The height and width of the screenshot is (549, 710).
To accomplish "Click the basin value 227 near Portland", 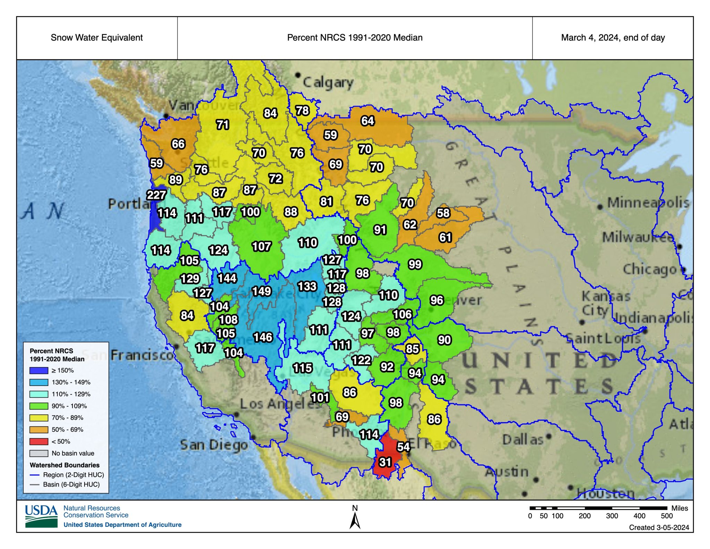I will tap(156, 195).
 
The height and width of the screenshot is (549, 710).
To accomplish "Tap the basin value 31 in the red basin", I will tap(385, 462).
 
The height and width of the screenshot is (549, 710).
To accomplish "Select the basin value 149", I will tap(261, 291).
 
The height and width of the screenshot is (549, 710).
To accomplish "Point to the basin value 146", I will tap(263, 337).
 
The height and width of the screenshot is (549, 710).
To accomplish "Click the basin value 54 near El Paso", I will tap(403, 447).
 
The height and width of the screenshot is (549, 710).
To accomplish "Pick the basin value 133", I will tap(307, 286).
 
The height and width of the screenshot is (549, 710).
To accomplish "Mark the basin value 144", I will tap(227, 278).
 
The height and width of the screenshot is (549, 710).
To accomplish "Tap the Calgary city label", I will tap(328, 83).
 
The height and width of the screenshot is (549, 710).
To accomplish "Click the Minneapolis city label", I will tap(648, 203).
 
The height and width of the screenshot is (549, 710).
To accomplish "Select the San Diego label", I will tap(214, 445).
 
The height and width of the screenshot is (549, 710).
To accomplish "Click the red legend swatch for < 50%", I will tap(38, 441).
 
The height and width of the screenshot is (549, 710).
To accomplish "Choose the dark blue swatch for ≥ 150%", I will tap(38, 370).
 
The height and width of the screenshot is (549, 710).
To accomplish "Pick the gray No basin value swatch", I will tap(38, 453).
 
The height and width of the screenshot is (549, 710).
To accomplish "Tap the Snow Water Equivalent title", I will tap(97, 37).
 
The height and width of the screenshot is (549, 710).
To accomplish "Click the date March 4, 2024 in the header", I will tap(613, 37).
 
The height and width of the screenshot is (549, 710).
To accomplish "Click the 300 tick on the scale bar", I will tap(612, 516).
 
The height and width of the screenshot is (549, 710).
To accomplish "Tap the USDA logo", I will tap(41, 516).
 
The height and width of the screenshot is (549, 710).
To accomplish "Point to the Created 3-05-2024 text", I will tap(659, 527).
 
